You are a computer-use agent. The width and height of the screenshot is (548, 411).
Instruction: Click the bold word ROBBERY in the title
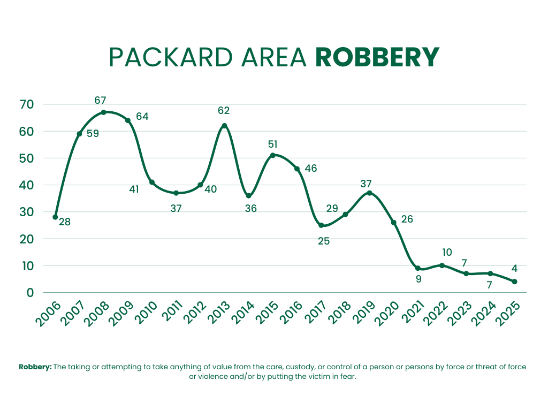pyautogui.click(x=377, y=58)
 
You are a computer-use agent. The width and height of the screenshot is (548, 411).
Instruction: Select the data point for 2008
pyautogui.click(x=103, y=112)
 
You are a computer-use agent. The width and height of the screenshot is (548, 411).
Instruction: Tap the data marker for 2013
pyautogui.click(x=224, y=126)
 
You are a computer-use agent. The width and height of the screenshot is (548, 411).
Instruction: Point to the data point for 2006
pyautogui.click(x=55, y=217)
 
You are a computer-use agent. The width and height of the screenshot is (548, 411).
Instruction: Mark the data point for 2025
pyautogui.click(x=514, y=281)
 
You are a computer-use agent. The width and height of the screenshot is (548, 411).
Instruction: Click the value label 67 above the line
pyautogui.click(x=100, y=100)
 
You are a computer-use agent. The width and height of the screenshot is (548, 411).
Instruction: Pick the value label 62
pyautogui.click(x=224, y=111)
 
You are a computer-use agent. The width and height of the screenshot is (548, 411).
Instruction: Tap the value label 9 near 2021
pyautogui.click(x=418, y=278)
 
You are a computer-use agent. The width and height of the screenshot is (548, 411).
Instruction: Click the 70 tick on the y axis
pyautogui.click(x=27, y=104)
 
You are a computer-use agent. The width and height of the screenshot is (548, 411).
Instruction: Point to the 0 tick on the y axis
pyautogui.click(x=31, y=293)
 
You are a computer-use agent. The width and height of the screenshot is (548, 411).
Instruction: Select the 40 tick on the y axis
pyautogui.click(x=27, y=185)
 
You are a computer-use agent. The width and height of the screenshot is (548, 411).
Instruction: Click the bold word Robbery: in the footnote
pyautogui.click(x=35, y=367)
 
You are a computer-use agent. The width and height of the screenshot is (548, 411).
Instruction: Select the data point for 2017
pyautogui.click(x=321, y=225)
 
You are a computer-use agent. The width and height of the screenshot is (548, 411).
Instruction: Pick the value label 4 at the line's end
pyautogui.click(x=514, y=269)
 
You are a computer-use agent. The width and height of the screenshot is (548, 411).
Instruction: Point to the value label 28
pyautogui.click(x=64, y=222)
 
